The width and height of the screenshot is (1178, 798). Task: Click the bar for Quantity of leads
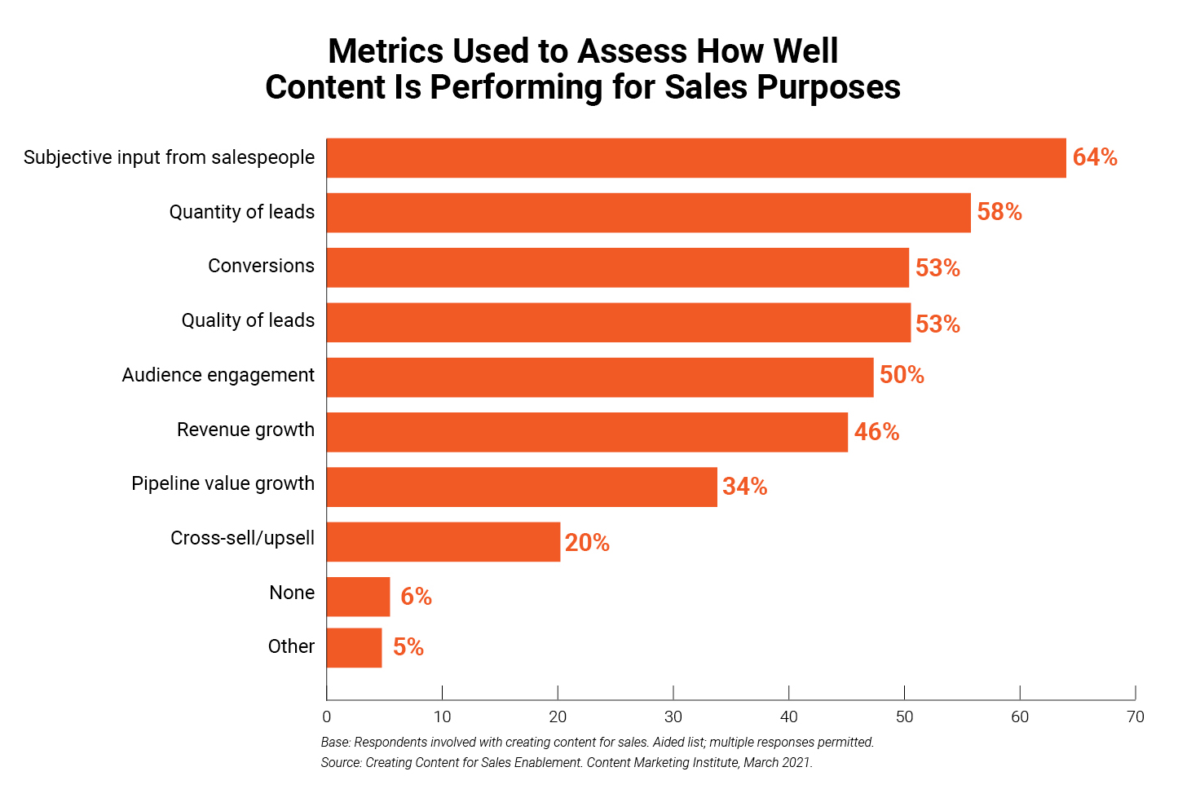648,213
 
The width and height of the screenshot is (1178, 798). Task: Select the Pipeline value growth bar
522,487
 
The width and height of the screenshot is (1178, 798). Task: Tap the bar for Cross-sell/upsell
443,542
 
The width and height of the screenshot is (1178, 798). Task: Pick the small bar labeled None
358,597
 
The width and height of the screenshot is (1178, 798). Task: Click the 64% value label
1094,157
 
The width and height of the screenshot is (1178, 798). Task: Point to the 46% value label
876,432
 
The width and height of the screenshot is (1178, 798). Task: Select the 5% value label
408,647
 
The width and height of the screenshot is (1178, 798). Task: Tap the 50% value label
901,375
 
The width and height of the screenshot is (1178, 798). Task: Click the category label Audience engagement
218,375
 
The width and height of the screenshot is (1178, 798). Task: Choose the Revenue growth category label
245,430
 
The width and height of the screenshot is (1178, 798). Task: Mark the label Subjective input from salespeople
169,157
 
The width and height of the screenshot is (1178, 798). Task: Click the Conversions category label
261,266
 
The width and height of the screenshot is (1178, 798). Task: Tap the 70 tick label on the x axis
1135,717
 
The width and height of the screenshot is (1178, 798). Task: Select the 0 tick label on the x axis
327,717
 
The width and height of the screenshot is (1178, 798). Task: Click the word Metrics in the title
386,51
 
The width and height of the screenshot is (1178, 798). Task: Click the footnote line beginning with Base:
597,743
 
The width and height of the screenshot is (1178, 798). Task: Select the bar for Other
354,648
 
